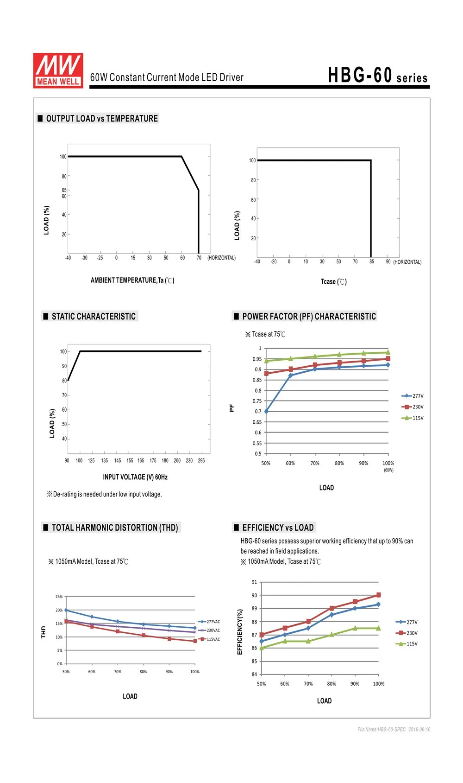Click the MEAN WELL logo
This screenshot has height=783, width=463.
[x=58, y=70]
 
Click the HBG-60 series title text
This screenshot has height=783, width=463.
[x=377, y=75]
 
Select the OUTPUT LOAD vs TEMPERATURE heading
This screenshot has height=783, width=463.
[x=102, y=119]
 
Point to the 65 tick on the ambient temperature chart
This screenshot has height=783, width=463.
[x=64, y=190]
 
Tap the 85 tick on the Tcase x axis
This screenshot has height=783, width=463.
[x=371, y=261]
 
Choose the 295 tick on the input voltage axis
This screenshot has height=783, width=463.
[x=201, y=460]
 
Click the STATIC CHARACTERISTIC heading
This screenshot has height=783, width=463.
[x=94, y=316]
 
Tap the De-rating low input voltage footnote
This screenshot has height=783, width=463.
[x=104, y=494]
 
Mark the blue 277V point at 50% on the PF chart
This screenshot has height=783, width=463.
[x=266, y=411]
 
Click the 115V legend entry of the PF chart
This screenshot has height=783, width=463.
[x=413, y=418]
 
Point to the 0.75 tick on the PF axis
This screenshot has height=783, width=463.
[x=257, y=401]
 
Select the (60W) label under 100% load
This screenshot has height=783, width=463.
[x=388, y=470]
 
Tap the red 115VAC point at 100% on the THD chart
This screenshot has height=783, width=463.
[x=195, y=641]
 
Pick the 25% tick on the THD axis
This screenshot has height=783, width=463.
[x=59, y=596]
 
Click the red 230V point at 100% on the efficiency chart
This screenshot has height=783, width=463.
[x=378, y=595]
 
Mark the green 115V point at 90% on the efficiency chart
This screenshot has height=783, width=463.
[x=355, y=628]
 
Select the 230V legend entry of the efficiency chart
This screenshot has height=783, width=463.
[x=407, y=633]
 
